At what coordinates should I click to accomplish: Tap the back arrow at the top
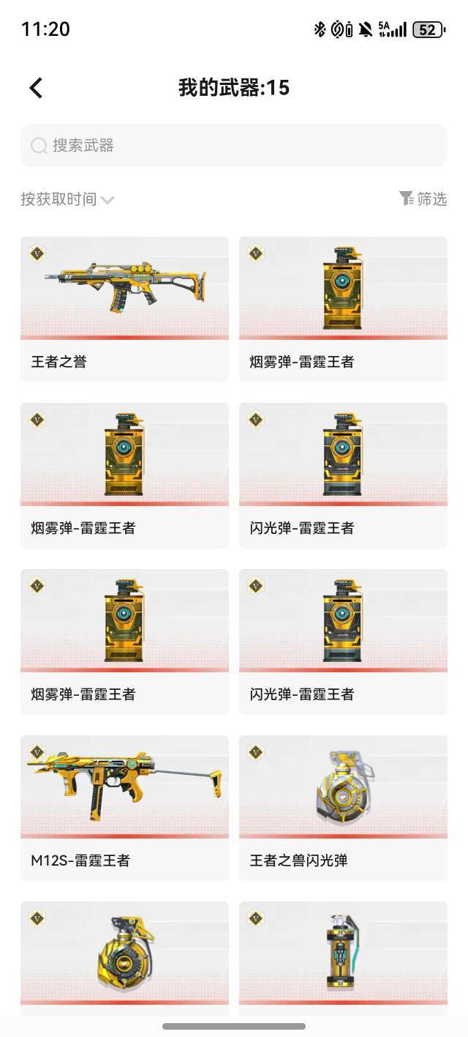click(36, 87)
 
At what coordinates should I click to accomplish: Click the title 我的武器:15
click(234, 87)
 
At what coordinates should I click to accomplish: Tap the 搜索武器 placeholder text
click(83, 145)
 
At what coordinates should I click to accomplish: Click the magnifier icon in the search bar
click(39, 145)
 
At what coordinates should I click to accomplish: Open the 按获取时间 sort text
click(58, 199)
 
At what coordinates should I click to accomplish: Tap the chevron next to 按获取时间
click(107, 200)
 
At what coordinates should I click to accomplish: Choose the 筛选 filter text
click(432, 199)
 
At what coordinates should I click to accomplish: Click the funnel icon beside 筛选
click(406, 198)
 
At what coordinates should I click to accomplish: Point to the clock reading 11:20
click(46, 29)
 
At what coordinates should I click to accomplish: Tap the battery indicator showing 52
click(429, 30)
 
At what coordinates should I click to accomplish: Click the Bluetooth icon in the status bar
click(320, 29)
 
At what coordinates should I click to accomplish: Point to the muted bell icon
click(366, 29)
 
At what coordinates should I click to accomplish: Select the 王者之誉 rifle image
click(125, 286)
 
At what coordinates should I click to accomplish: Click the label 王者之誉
click(58, 362)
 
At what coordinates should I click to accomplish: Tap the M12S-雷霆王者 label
click(80, 861)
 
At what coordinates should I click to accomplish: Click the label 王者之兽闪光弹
click(299, 861)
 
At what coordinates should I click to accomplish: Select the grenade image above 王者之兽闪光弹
click(345, 786)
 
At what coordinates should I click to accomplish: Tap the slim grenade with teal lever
click(343, 952)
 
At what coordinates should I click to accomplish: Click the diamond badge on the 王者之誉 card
click(37, 253)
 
